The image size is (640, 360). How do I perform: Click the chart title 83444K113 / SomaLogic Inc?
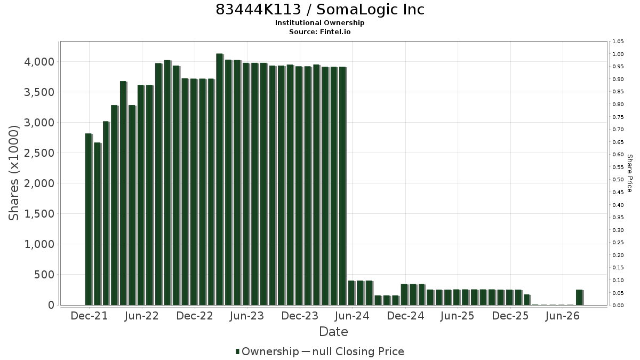(319, 10)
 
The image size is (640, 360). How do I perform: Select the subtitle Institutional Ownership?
(319, 23)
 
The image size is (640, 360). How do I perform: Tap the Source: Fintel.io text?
(319, 31)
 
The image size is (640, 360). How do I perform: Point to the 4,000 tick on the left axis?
(39, 62)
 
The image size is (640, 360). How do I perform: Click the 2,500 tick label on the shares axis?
(39, 153)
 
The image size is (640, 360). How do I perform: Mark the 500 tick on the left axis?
(44, 275)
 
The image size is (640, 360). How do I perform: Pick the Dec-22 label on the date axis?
(195, 316)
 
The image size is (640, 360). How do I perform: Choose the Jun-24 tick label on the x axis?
(353, 316)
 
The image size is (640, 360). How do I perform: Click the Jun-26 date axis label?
(563, 316)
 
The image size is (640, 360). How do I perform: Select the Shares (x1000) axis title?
(13, 173)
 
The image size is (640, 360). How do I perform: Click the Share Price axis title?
(629, 173)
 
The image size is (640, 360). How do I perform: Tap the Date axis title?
(333, 332)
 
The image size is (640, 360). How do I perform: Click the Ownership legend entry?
(267, 351)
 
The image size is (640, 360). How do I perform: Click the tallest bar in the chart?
(219, 179)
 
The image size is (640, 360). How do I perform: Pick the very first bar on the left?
(89, 219)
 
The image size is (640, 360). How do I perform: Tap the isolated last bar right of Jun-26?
(579, 298)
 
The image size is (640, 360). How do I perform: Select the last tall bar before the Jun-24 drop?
(342, 186)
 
